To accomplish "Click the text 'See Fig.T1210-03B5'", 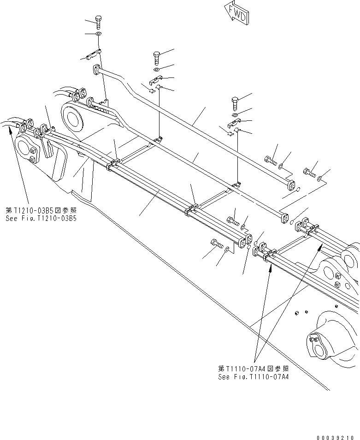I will tap(41, 218).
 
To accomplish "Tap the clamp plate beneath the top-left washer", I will tap(94, 54).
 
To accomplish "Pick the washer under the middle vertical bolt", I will tap(157, 70).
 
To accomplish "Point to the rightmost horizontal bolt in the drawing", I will tap(308, 173).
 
